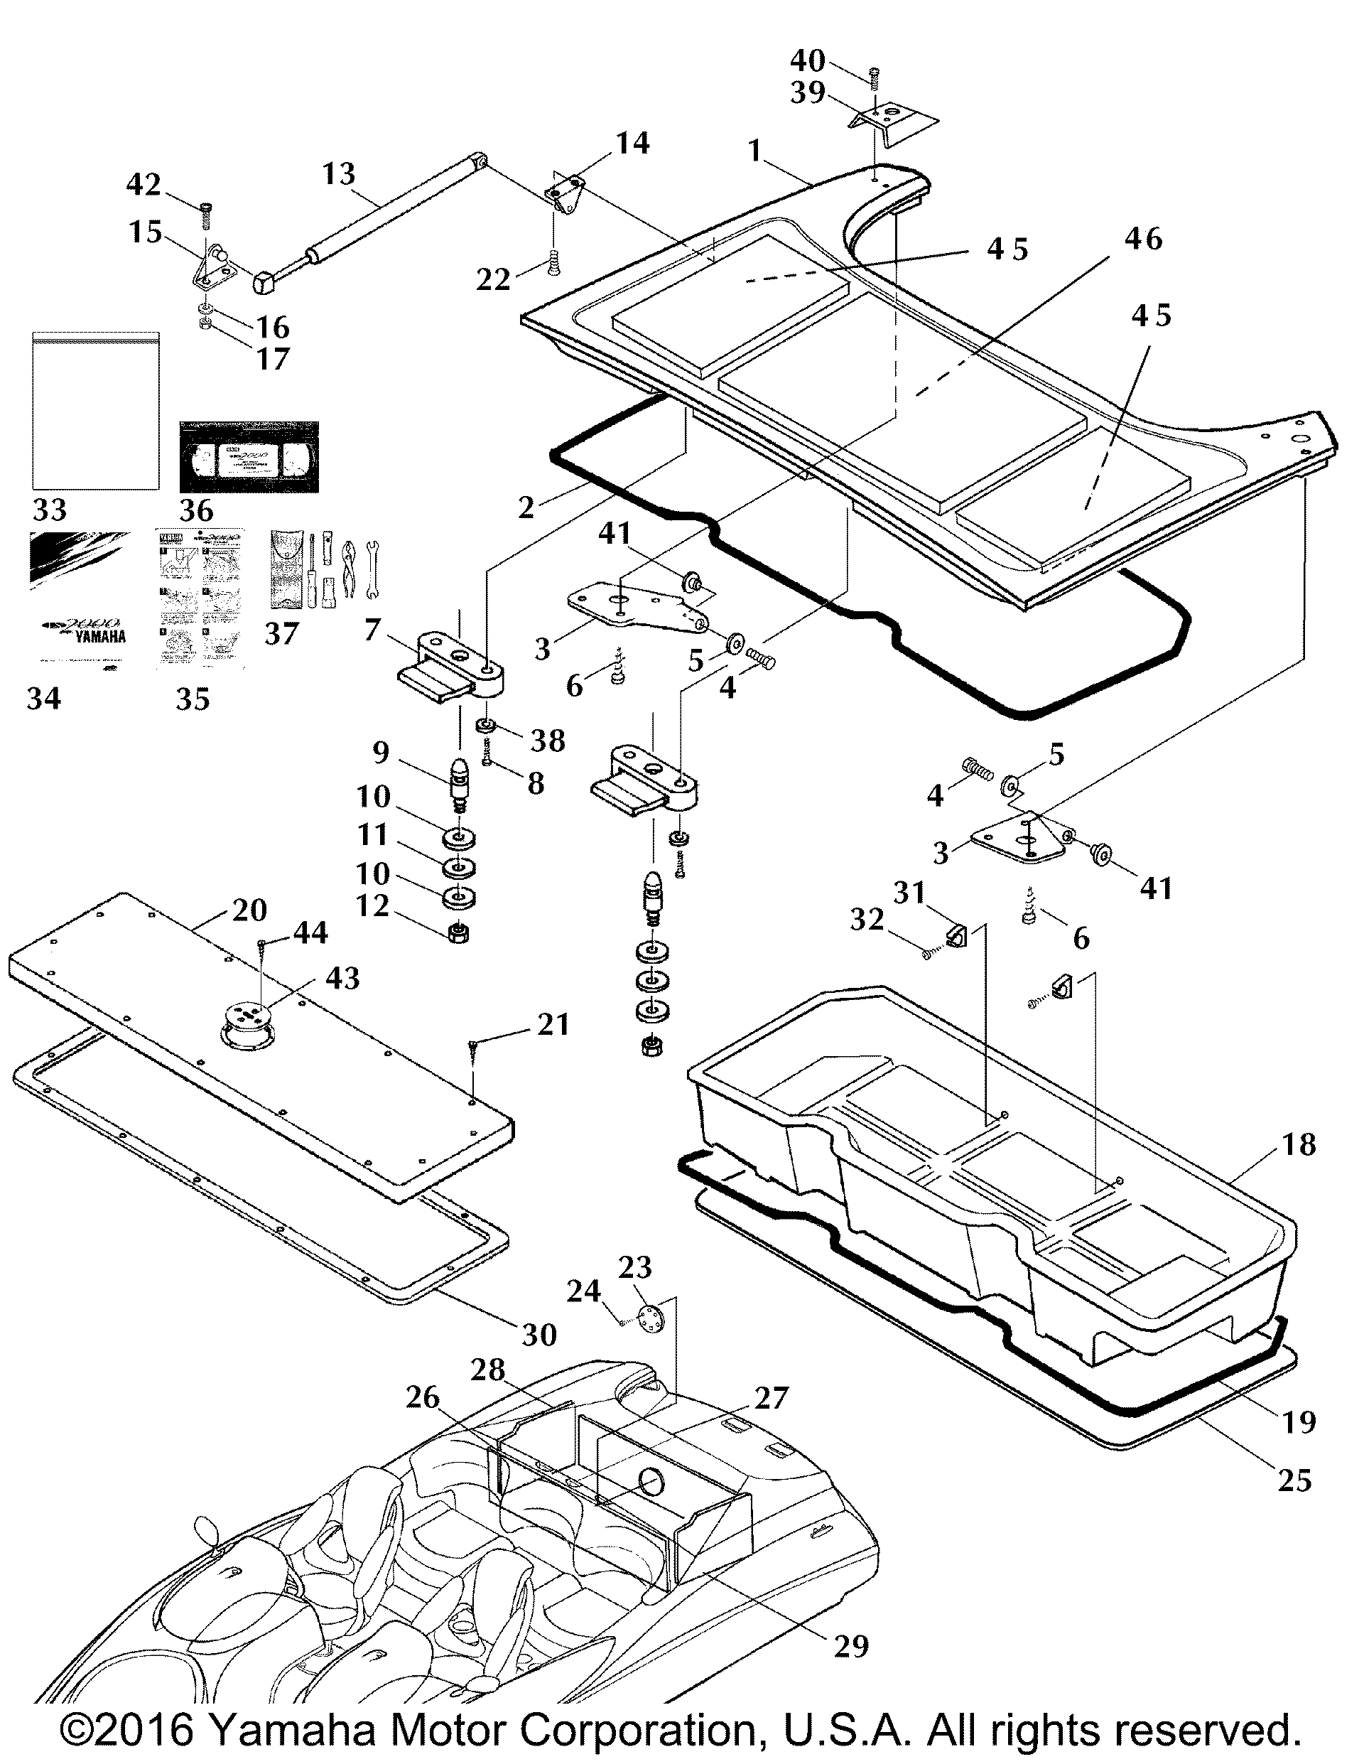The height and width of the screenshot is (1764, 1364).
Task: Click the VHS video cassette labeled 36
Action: (249, 457)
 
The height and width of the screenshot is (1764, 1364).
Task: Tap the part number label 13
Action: (338, 173)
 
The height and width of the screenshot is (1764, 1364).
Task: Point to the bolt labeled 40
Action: (873, 78)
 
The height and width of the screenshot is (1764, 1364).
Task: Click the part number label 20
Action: (249, 910)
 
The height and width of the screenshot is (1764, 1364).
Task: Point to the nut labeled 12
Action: (459, 933)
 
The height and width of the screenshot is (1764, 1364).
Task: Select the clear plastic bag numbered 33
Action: (95, 410)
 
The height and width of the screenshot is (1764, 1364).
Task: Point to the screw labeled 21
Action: (472, 1052)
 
